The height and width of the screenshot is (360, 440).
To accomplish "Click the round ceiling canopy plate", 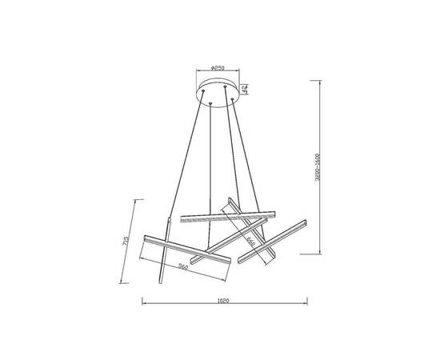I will coord(218,90).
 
